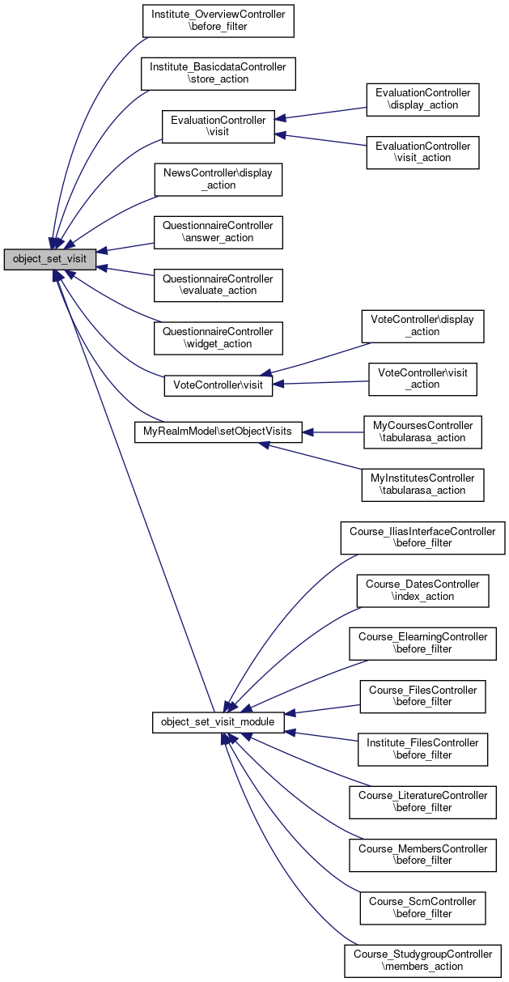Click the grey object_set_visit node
[x=50, y=259]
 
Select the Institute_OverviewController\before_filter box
[x=218, y=20]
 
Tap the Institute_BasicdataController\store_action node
[x=218, y=74]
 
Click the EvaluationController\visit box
[x=218, y=126]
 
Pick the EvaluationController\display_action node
[x=422, y=100]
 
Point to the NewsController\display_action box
[x=218, y=179]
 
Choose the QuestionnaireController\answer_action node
[x=218, y=232]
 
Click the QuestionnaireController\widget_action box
[x=218, y=338]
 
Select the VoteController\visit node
[x=218, y=386]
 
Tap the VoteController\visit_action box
[x=422, y=379]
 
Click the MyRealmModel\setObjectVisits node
[x=218, y=432]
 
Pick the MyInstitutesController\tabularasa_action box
[x=422, y=485]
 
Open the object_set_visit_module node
[x=218, y=722]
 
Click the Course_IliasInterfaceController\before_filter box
[x=422, y=538]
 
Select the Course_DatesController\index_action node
[x=422, y=591]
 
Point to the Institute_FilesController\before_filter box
[x=422, y=749]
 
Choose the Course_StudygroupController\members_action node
[x=422, y=961]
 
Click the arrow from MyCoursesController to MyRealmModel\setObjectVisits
[x=333, y=432]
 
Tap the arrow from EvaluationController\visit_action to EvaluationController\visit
[x=320, y=139]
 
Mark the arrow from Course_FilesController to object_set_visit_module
[x=322, y=710]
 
